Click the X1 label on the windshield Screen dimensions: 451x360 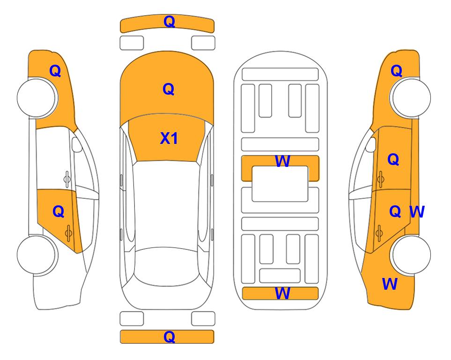(x=169, y=138)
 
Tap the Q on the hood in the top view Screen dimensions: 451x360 (x=169, y=89)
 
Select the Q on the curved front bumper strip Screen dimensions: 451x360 (x=169, y=22)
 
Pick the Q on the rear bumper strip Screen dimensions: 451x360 (x=169, y=337)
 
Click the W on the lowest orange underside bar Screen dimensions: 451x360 (x=282, y=293)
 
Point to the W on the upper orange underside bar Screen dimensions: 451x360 (x=282, y=161)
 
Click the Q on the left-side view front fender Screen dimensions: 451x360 (x=55, y=71)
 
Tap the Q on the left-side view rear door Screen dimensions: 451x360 (x=59, y=212)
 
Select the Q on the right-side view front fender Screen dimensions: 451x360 (x=396, y=71)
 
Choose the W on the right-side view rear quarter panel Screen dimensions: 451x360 (x=390, y=284)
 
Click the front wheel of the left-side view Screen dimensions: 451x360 (x=37, y=97)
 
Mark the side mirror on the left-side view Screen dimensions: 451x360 (x=77, y=144)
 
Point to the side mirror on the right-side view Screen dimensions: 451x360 (x=371, y=144)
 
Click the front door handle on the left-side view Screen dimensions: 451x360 (x=67, y=179)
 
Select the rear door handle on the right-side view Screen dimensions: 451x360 (x=379, y=233)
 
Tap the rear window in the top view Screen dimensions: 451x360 (x=167, y=267)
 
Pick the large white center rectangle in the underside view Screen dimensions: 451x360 (x=280, y=184)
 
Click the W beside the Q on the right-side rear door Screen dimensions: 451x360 (x=417, y=212)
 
